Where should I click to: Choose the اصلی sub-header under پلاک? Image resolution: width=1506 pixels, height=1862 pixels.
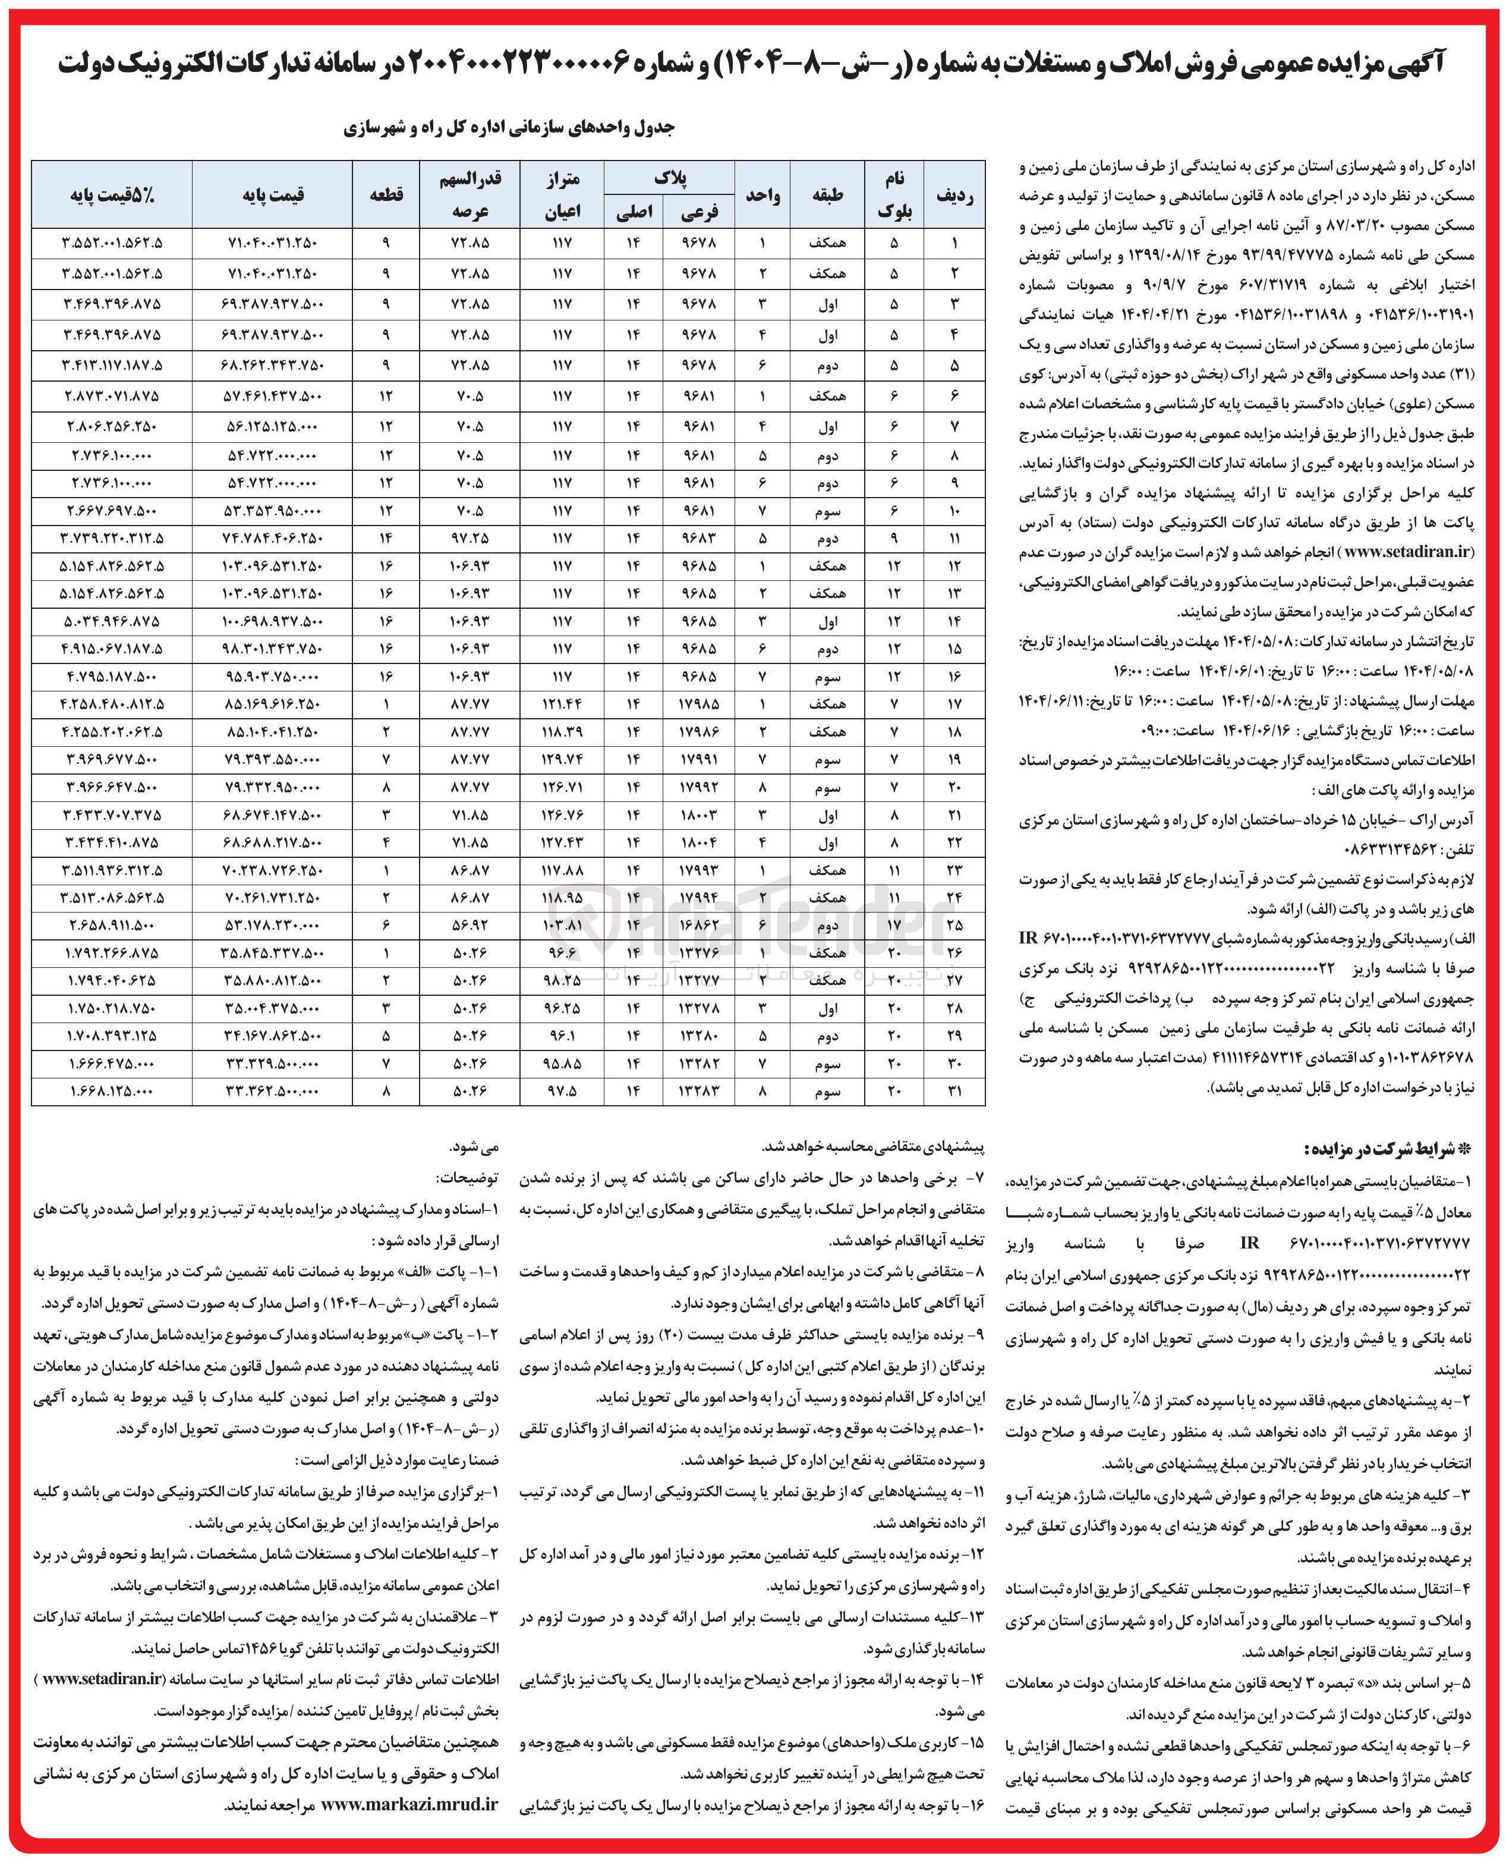634,212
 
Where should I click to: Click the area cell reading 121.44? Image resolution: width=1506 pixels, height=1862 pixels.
562,704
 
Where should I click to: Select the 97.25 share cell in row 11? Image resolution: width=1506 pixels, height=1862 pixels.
470,539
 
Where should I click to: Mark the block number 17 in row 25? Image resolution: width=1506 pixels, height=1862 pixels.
894,926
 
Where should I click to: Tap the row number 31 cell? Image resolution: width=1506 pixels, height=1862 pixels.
954,1092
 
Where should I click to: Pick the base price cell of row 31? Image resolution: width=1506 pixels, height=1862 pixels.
272,1092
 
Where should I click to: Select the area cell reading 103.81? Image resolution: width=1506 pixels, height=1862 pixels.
562,926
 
